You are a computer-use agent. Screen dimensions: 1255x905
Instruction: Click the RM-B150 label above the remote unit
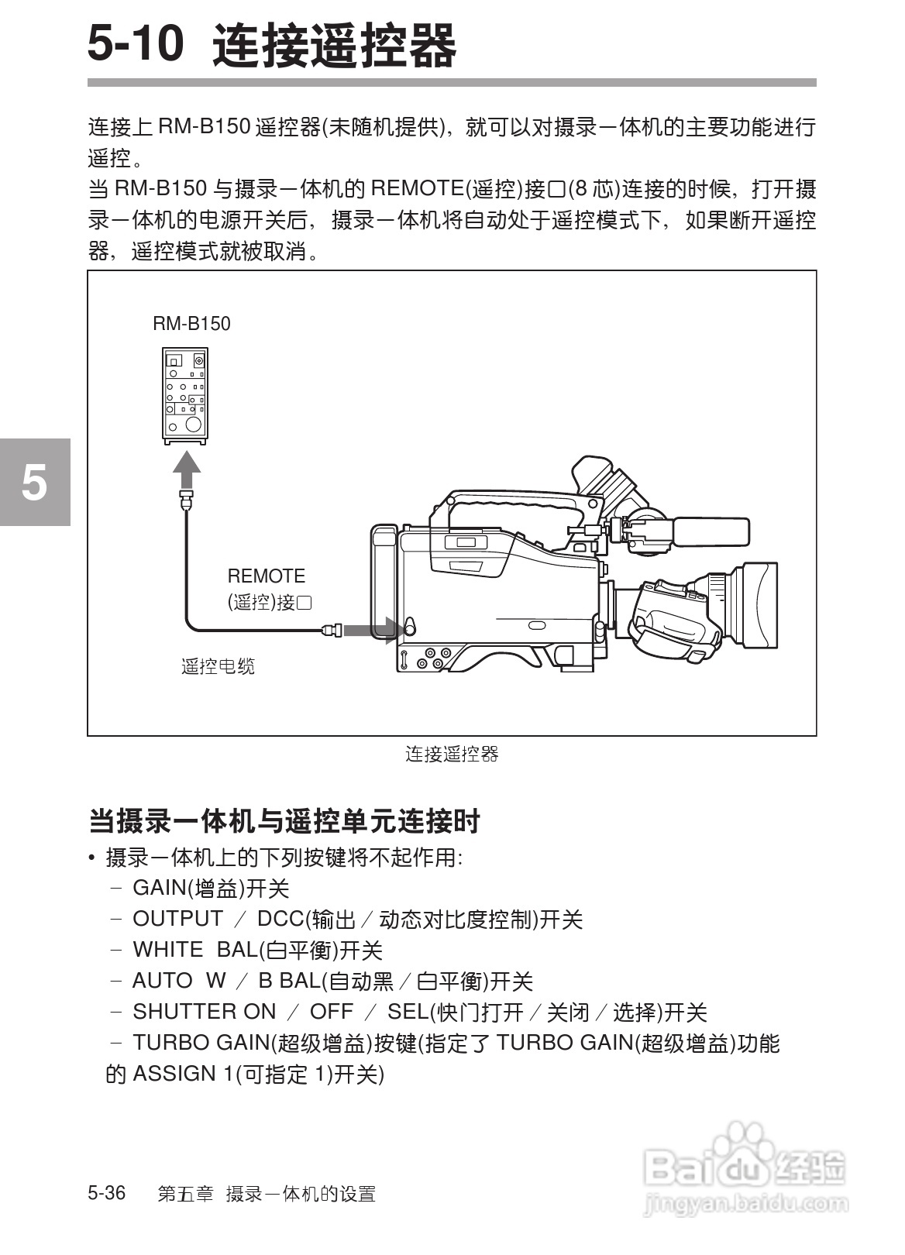[191, 324]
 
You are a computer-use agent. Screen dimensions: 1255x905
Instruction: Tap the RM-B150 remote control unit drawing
[185, 395]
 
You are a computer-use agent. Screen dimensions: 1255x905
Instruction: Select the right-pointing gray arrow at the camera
[369, 630]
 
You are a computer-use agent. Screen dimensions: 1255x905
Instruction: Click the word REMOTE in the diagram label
[266, 576]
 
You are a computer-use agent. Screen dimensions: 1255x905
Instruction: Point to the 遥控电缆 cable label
[218, 666]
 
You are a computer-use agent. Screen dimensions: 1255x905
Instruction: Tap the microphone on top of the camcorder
[709, 531]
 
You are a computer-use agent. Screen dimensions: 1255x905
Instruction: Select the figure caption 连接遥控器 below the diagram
[452, 754]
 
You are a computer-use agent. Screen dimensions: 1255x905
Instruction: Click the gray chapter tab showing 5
[35, 482]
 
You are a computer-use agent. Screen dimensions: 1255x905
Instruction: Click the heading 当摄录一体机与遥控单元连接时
[284, 821]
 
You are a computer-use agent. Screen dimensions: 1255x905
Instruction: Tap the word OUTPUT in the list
[177, 919]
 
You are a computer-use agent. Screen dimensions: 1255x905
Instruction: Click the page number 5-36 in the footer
[107, 1192]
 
